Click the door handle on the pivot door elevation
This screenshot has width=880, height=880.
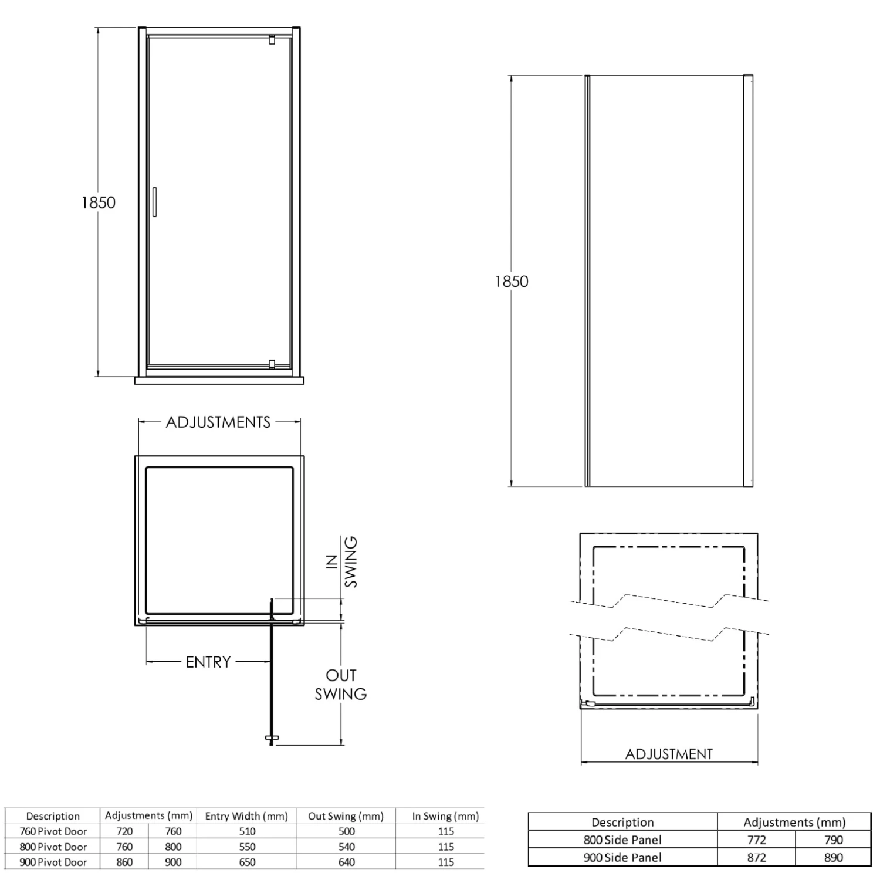154,202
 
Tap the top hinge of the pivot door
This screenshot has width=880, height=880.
271,40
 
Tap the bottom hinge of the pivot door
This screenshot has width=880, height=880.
271,364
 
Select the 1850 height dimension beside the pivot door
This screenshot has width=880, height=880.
99,202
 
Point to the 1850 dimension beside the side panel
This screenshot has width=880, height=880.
512,282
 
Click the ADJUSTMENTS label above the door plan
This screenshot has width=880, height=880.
218,422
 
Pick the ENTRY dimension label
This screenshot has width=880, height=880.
208,662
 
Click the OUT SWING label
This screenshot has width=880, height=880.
341,685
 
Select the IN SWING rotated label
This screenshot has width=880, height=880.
341,562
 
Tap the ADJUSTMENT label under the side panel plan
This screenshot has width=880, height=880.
669,754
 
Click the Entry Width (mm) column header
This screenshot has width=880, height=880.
246,816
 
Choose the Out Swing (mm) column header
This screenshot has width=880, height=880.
346,816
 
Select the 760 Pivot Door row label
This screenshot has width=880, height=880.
53,831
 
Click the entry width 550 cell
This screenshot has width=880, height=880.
247,847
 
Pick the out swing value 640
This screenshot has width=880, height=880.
347,862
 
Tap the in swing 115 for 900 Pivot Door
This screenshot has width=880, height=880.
446,862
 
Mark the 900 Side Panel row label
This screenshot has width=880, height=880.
622,857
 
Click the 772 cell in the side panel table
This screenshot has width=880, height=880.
757,840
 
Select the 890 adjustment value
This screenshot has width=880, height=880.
833,857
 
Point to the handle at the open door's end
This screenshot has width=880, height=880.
271,737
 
